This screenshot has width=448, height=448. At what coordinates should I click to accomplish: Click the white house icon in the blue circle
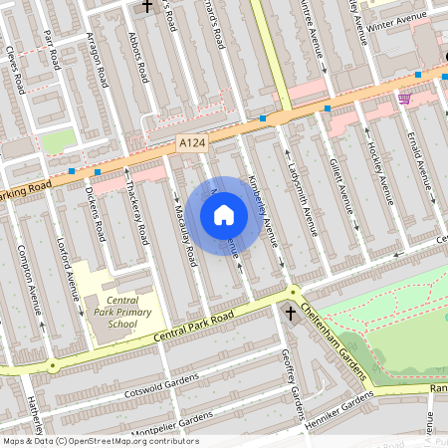point(224,214)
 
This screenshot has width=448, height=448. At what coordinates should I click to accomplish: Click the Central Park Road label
point(194,328)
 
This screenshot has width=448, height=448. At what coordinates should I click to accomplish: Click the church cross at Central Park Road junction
point(290,314)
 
